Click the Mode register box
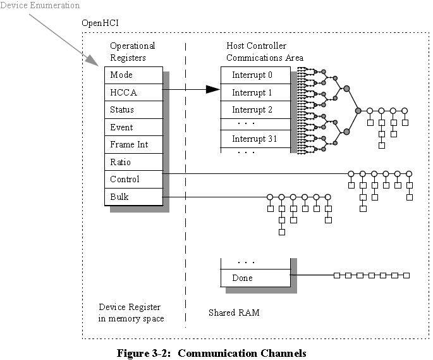[x=133, y=75]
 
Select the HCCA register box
[x=133, y=92]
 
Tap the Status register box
[x=133, y=110]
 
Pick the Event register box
[x=133, y=127]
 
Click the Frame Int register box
[x=133, y=145]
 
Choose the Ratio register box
[x=133, y=162]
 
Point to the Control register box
[x=133, y=179]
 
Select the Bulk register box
[x=133, y=197]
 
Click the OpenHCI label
[x=101, y=23]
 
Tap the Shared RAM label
[x=234, y=313]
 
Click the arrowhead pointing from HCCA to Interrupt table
[x=213, y=90]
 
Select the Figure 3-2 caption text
[x=211, y=353]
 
